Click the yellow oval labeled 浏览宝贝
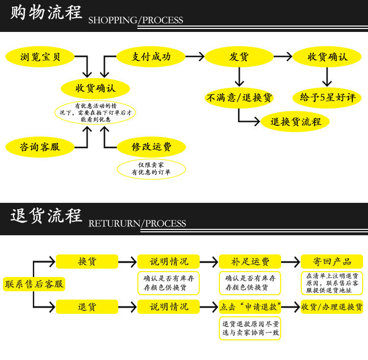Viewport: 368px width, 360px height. tap(41, 57)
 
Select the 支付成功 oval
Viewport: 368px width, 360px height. tap(151, 57)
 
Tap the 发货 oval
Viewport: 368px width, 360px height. tap(239, 57)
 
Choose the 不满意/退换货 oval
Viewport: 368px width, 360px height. tap(239, 98)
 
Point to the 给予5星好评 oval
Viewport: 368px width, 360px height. tap(327, 98)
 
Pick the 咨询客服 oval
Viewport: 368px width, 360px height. tap(40, 147)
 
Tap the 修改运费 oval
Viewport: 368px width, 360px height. tap(151, 147)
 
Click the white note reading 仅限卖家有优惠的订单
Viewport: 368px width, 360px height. tap(151, 168)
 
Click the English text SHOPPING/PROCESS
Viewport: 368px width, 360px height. tap(135, 20)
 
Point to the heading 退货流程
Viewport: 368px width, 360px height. tap(46, 217)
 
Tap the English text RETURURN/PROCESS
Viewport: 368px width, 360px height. tap(137, 223)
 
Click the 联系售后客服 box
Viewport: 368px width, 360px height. tap(34, 284)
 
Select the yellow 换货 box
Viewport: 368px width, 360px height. tap(87, 261)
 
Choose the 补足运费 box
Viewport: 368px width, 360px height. tap(250, 261)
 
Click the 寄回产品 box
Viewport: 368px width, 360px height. tap(332, 261)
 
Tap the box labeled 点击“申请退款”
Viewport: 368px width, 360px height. tap(250, 307)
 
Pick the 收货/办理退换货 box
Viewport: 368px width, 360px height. tap(332, 307)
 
